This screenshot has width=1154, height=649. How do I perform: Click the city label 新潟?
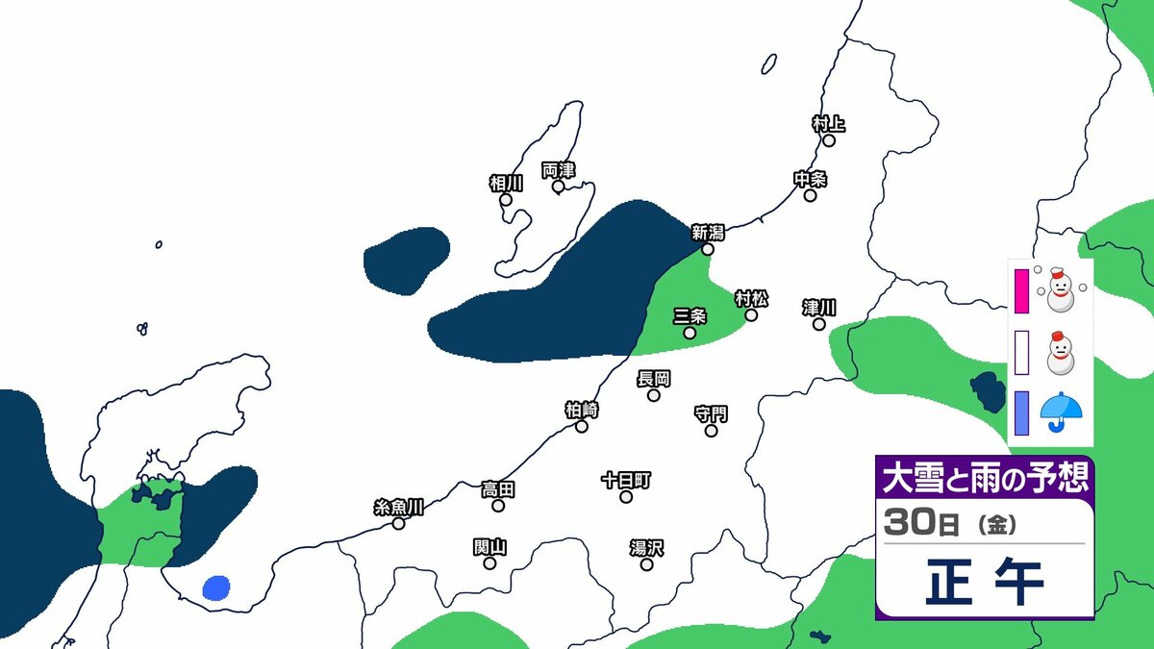click(708, 232)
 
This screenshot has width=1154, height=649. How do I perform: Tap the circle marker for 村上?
click(828, 140)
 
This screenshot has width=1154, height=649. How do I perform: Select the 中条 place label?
click(810, 179)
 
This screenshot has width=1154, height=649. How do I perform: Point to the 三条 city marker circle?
click(690, 333)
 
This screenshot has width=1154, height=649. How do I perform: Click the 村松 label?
click(751, 298)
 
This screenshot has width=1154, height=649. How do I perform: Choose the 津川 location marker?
click(818, 324)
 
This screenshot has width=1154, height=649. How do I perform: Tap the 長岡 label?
click(654, 379)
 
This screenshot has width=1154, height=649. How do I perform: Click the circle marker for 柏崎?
click(582, 426)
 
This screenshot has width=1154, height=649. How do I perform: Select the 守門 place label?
click(711, 413)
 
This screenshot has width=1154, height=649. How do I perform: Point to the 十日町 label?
click(626, 479)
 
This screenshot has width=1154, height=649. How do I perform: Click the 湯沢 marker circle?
click(646, 564)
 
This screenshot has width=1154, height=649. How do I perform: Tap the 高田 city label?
click(498, 489)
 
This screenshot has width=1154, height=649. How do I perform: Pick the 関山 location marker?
click(489, 563)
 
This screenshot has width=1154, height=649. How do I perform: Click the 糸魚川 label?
click(398, 507)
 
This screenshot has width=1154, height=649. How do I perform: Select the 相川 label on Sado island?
click(506, 183)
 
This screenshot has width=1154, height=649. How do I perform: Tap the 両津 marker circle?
click(558, 187)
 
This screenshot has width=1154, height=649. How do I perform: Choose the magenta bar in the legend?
click(1022, 292)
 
